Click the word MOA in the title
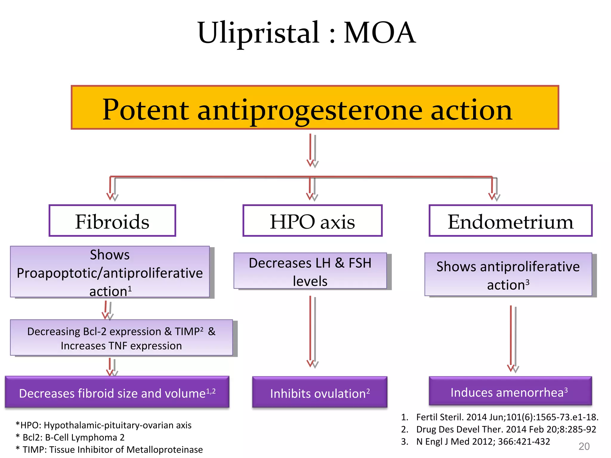click(x=379, y=33)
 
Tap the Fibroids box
click(x=112, y=221)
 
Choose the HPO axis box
click(x=312, y=221)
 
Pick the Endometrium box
click(x=510, y=221)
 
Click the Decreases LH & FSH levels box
click(x=310, y=271)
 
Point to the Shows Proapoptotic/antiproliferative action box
click(x=110, y=272)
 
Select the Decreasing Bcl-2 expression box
click(x=121, y=338)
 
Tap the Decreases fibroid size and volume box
click(x=117, y=392)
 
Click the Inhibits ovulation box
click(x=320, y=392)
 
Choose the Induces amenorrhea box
click(x=510, y=391)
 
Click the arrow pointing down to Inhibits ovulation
click(x=311, y=331)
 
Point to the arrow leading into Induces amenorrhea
click(x=512, y=338)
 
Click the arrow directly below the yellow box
click(x=312, y=151)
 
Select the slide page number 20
click(x=584, y=446)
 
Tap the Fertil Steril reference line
click(x=500, y=417)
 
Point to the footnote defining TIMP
click(x=109, y=449)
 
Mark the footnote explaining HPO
click(x=104, y=425)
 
